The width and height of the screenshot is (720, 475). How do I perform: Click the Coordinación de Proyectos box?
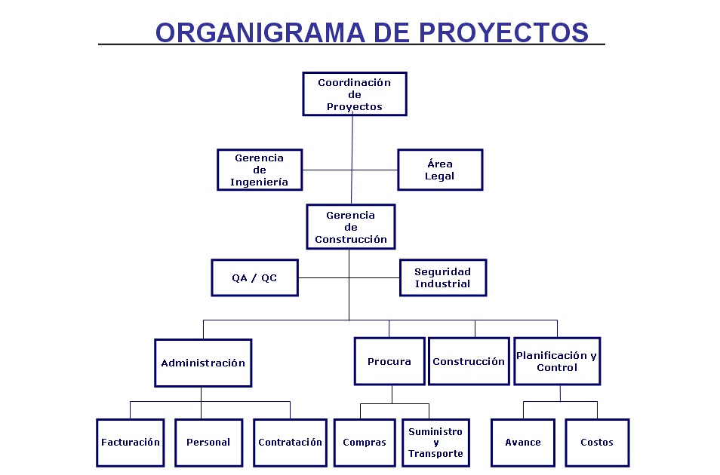(x=355, y=94)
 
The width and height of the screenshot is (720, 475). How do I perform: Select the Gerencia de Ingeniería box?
(x=260, y=170)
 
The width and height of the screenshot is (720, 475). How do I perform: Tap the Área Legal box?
(x=440, y=170)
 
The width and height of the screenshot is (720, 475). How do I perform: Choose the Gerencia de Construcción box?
(x=351, y=227)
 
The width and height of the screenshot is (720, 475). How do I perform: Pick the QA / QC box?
(x=254, y=277)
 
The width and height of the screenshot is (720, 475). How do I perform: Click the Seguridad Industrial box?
(x=443, y=277)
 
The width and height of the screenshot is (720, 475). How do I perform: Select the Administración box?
(x=203, y=363)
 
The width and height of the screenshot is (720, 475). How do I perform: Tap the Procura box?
(x=389, y=361)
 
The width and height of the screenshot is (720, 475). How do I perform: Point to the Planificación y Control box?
(x=557, y=361)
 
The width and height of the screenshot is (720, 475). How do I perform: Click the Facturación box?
(x=131, y=443)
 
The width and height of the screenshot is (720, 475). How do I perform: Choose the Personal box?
(x=208, y=443)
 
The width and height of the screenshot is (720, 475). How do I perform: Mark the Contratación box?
(x=291, y=443)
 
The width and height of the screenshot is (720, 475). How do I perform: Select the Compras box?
(x=365, y=443)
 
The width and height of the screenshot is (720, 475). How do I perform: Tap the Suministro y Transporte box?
(x=435, y=443)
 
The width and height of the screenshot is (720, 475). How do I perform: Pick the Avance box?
(x=523, y=443)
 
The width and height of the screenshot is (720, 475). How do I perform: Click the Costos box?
(x=597, y=443)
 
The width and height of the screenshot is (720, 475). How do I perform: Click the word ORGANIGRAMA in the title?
(x=260, y=32)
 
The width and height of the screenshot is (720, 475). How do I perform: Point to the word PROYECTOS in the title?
(x=503, y=32)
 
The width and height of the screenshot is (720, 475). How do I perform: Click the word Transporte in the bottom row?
(x=435, y=453)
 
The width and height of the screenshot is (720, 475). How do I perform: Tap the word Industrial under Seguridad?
(x=443, y=283)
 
